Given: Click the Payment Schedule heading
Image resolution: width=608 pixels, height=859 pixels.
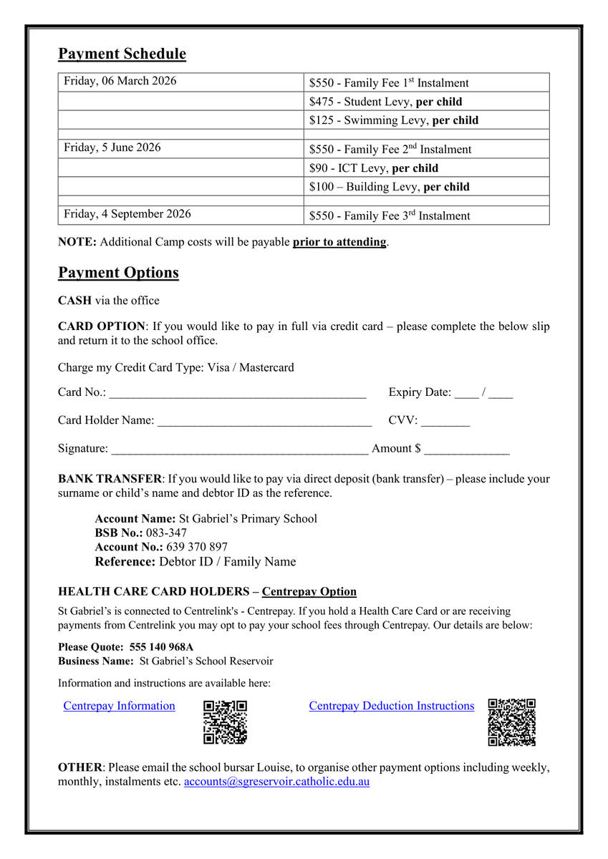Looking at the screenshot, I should coord(122,54).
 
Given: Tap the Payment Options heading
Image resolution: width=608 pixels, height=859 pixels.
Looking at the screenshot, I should coord(118,273).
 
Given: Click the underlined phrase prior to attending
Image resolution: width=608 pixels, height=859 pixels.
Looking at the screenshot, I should coord(339,242).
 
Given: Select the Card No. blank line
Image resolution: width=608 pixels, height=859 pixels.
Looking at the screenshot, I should coord(238,394).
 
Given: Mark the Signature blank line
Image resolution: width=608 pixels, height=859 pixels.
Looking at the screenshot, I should coord(239,450).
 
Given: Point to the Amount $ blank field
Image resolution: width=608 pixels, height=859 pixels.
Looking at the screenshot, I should coord(466,450).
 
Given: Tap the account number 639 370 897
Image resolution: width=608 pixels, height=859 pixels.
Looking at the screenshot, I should coord(197,548).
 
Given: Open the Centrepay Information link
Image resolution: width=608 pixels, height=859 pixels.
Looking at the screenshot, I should coord(119,707).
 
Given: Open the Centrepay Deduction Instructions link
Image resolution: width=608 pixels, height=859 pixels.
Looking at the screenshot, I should coord(391,707).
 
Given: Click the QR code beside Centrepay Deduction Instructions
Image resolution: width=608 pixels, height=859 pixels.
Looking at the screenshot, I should coord(512,722).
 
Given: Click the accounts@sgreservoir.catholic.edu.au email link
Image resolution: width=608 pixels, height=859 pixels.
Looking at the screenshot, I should coord(276,782).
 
